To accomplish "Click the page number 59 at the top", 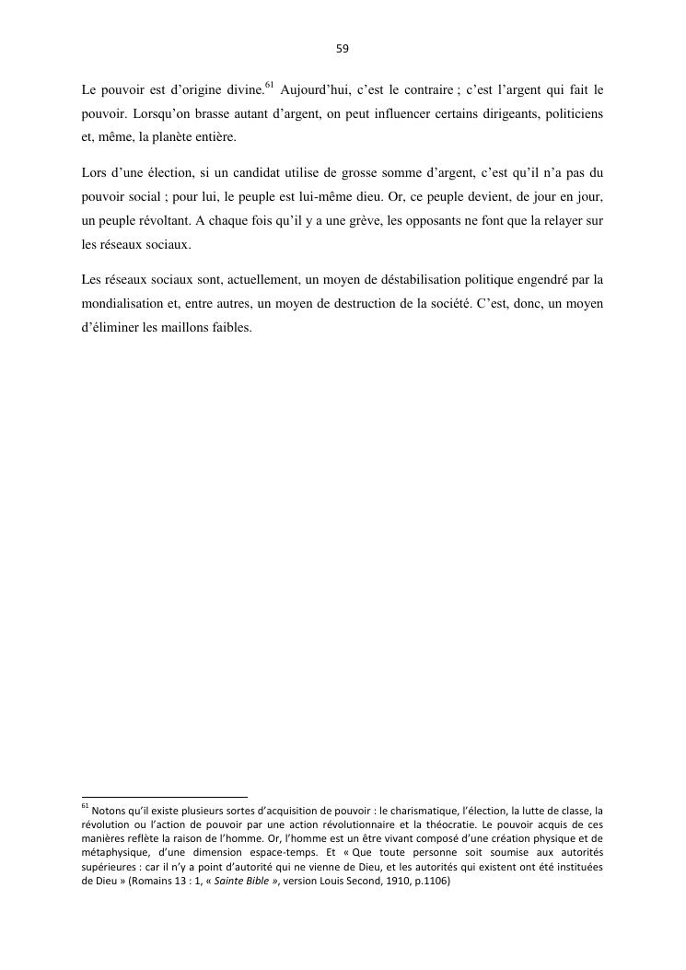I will tap(343, 49).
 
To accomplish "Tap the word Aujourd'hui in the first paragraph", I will tap(316, 90).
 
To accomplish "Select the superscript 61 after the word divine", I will tap(269, 86).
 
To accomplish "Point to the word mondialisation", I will tap(123, 302).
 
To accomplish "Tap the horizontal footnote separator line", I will tap(165, 796).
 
